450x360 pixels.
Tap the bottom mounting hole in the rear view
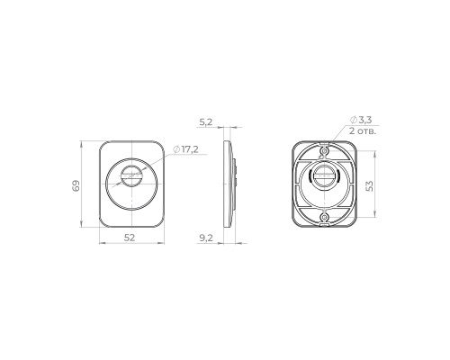325,218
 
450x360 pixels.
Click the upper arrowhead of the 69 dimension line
83,141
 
